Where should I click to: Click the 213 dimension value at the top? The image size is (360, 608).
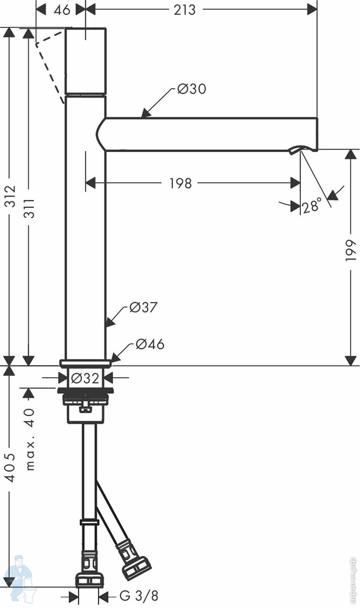[x=185, y=10]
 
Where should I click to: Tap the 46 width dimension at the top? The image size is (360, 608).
[x=62, y=10]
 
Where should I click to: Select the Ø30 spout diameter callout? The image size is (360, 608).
[x=192, y=89]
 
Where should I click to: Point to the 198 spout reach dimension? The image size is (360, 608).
[x=180, y=183]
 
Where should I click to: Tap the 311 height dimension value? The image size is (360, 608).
[x=29, y=209]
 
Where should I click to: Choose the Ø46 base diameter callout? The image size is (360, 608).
[x=150, y=344]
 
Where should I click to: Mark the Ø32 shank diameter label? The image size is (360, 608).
[x=85, y=378]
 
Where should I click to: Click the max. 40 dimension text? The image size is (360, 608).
[x=29, y=439]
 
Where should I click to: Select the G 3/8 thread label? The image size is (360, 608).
[x=138, y=596]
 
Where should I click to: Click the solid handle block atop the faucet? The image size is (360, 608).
[x=86, y=61]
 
